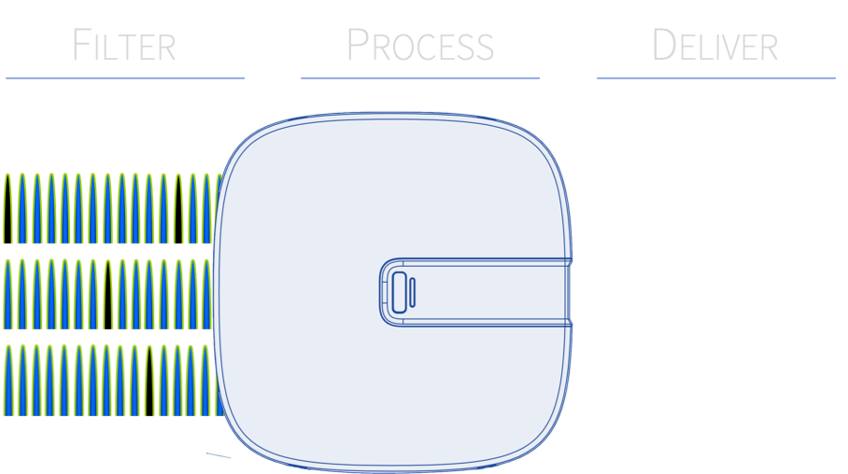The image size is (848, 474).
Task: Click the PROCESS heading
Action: tap(420, 46)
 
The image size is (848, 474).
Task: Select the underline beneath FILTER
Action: tap(124, 77)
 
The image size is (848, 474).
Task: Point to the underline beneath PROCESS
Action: tap(420, 77)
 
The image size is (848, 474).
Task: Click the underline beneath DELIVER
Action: tap(715, 77)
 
